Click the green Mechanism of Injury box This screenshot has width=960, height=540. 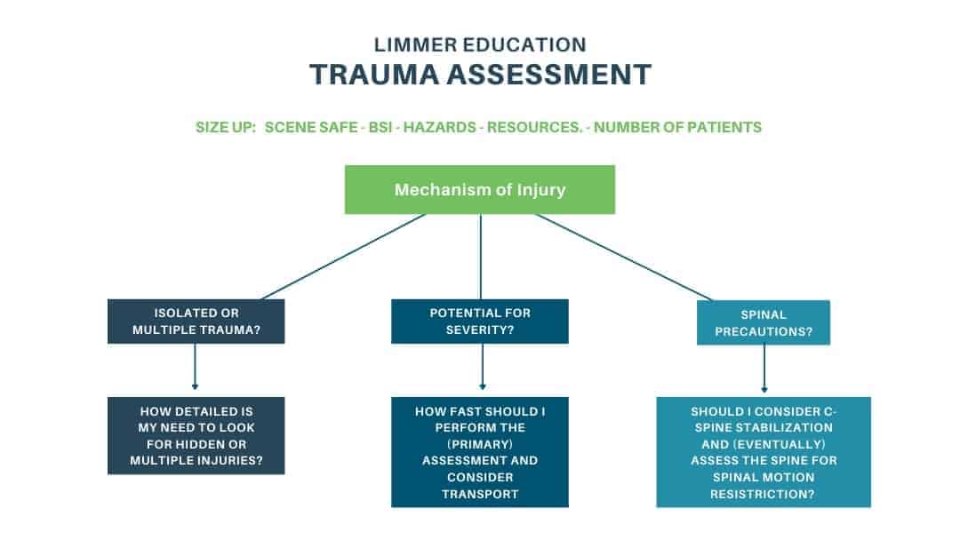click(479, 189)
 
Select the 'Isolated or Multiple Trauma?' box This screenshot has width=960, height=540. click(196, 322)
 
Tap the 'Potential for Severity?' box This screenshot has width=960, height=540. click(479, 322)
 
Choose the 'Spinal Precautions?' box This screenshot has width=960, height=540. click(764, 323)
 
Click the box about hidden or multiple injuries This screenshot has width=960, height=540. click(196, 435)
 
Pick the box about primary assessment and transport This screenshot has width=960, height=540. click(479, 452)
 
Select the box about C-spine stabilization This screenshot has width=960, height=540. click(764, 452)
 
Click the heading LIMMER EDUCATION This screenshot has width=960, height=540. click(480, 44)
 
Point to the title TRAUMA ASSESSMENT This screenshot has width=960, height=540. click(480, 75)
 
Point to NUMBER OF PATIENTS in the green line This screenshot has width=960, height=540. click(677, 127)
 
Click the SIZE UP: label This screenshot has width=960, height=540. click(225, 127)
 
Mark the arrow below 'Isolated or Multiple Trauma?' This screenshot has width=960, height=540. click(195, 367)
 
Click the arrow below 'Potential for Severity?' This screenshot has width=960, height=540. click(482, 367)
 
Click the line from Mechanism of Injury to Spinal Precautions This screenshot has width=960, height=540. click(622, 257)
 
